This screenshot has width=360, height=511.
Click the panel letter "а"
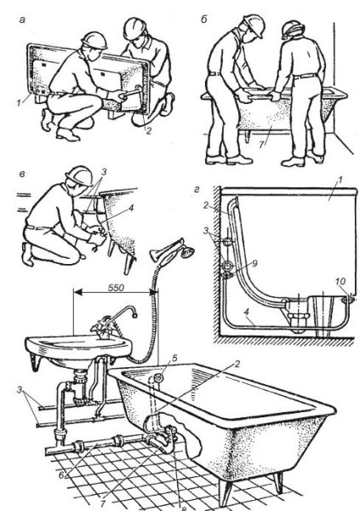22,20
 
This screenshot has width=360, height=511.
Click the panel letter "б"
204,20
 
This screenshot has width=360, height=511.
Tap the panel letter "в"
22,174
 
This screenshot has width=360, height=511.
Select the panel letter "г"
197,190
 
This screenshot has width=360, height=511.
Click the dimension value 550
116,288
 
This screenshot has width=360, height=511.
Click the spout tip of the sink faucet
134,315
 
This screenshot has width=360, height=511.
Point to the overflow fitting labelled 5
158,378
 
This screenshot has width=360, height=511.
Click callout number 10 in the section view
340,281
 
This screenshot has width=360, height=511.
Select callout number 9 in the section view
254,263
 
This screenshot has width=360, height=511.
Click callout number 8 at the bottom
183,508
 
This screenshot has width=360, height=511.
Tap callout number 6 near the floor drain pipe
61,475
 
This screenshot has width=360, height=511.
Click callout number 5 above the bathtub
174,359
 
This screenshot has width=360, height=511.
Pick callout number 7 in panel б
261,145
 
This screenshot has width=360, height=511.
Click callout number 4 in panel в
131,208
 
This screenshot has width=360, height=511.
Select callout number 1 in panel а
19,103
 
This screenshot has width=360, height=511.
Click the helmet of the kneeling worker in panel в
79,176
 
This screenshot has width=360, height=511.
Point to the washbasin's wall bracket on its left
36,361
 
